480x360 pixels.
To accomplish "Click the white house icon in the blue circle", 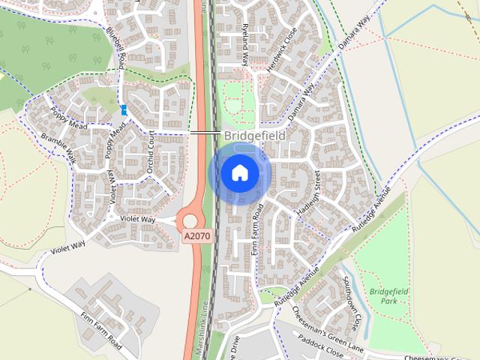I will [239, 173].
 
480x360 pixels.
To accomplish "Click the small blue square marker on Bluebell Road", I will [124, 109].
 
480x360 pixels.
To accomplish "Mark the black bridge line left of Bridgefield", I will [205, 133].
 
